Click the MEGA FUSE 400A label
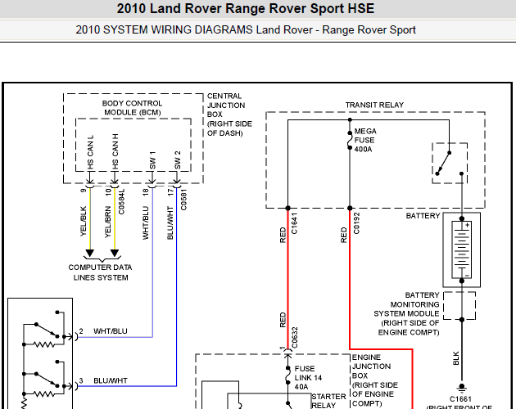point(363,141)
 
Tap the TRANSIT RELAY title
point(375,106)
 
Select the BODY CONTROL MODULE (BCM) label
point(132,107)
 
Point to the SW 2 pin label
point(177,159)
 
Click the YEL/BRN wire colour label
point(107,221)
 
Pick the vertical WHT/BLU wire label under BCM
point(146,221)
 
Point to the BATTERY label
point(423,216)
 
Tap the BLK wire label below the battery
point(456,358)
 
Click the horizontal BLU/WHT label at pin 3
point(110,381)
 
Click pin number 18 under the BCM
point(145,191)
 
